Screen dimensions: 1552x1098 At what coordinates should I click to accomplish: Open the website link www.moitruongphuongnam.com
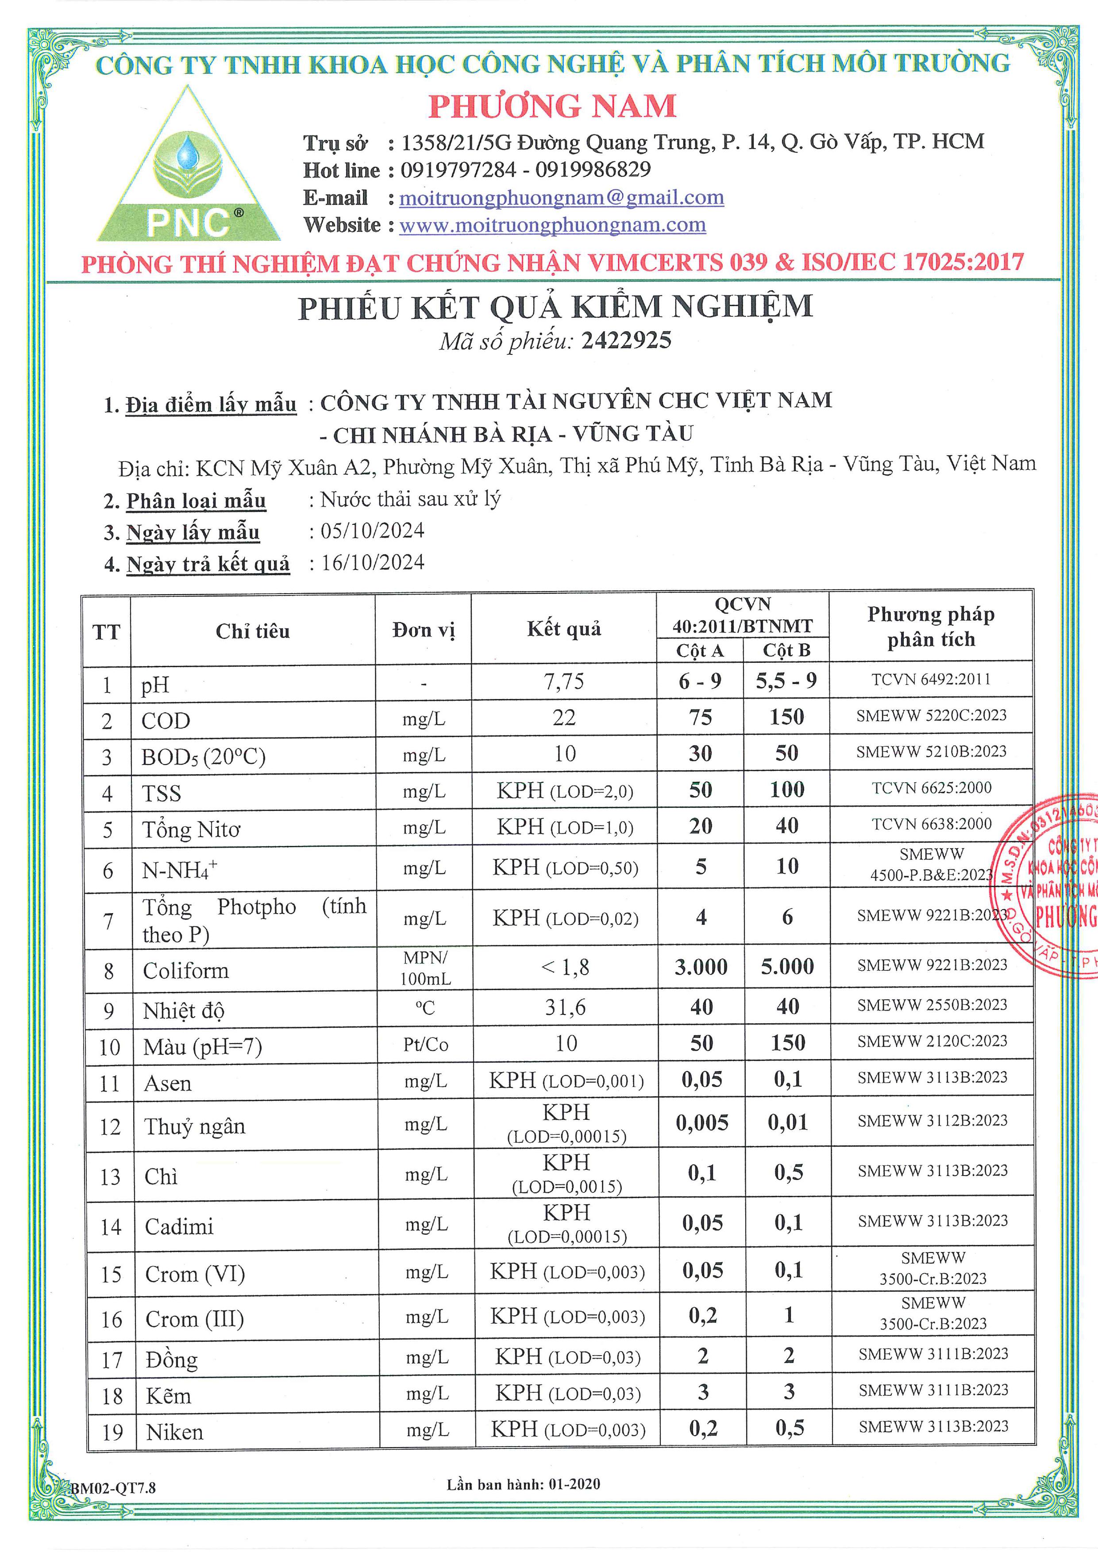pyautogui.click(x=552, y=225)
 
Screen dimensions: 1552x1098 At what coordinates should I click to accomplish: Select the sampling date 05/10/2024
pyautogui.click(x=373, y=530)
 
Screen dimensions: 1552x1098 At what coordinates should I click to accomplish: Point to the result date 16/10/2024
pyautogui.click(x=373, y=562)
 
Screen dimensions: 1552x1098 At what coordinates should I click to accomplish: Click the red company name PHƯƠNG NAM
pyautogui.click(x=552, y=106)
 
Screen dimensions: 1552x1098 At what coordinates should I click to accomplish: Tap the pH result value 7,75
pyautogui.click(x=564, y=681)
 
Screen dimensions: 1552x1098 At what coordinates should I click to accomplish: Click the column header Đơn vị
pyautogui.click(x=423, y=630)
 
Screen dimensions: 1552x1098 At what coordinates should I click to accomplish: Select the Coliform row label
pyautogui.click(x=186, y=971)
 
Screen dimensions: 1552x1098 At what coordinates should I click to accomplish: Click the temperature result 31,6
pyautogui.click(x=565, y=1008)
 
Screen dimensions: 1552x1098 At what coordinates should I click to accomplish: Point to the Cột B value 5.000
pyautogui.click(x=787, y=967)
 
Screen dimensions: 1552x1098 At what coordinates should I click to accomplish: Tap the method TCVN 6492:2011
pyautogui.click(x=931, y=680)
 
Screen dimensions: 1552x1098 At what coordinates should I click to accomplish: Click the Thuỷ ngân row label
pyautogui.click(x=195, y=1126)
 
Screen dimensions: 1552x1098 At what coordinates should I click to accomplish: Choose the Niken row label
pyautogui.click(x=174, y=1432)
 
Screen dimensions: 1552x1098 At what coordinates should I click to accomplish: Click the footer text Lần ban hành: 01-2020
pyautogui.click(x=523, y=1484)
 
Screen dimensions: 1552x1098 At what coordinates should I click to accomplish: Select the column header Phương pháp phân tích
pyautogui.click(x=931, y=626)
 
